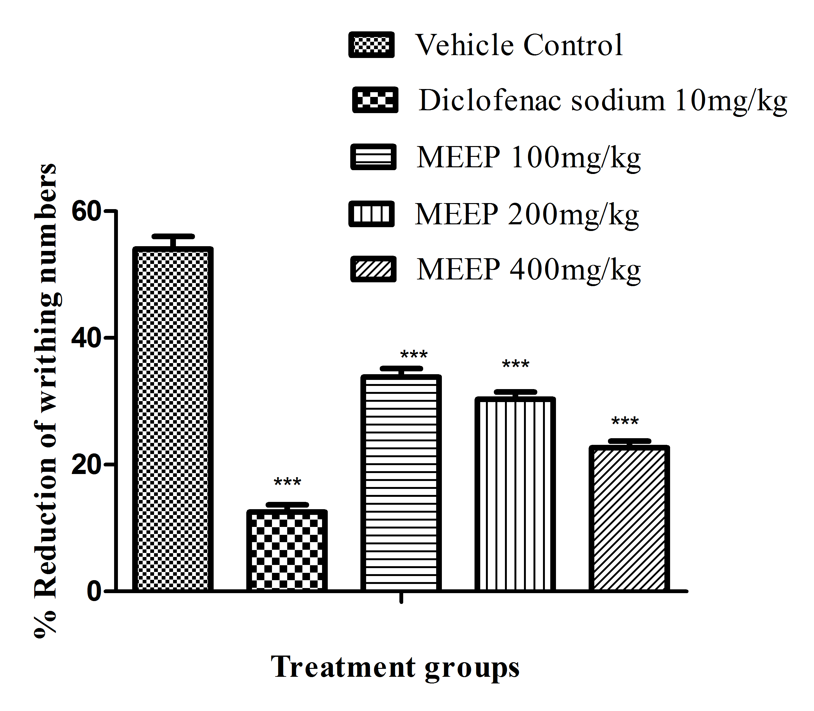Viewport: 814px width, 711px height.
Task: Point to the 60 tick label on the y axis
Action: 85,211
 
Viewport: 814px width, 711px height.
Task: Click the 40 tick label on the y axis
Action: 85,338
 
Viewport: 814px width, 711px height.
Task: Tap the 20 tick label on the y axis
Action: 85,464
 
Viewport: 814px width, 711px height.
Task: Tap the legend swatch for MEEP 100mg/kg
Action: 373,157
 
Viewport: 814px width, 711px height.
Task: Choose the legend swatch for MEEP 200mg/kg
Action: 371,214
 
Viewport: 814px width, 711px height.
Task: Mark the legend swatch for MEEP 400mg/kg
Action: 373,269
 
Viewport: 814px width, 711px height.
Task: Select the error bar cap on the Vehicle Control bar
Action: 173,236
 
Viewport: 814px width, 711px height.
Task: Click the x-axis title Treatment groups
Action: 395,667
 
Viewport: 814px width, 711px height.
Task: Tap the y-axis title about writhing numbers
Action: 46,401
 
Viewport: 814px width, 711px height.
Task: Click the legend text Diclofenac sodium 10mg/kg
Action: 603,100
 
